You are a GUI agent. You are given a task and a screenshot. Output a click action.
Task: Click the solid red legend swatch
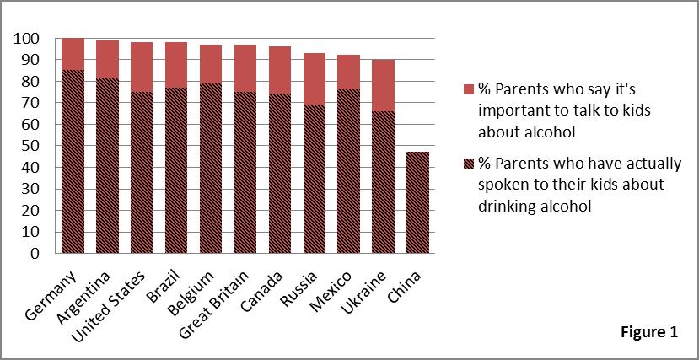pos(469,89)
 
